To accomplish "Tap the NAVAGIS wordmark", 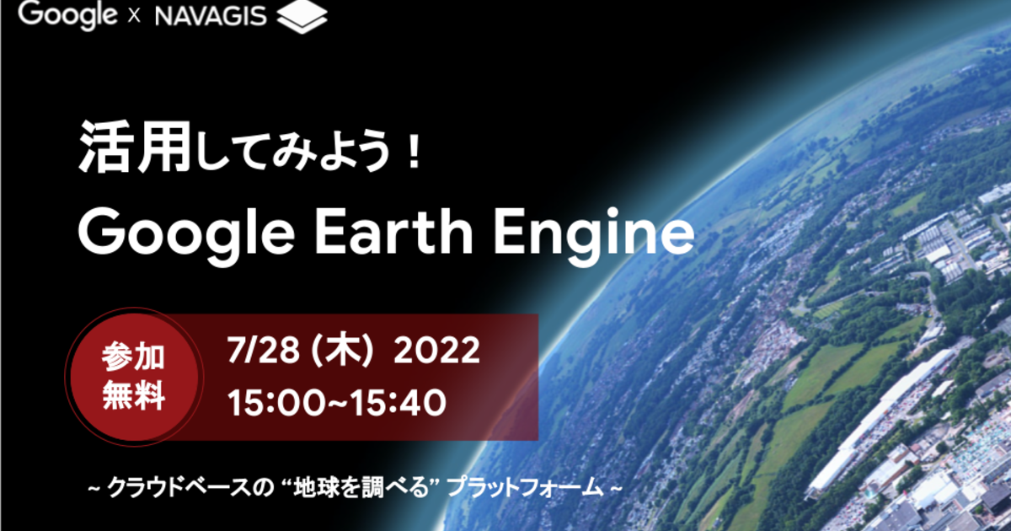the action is point(211,16).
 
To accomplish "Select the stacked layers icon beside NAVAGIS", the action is point(302,17).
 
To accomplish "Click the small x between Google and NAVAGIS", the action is point(134,17).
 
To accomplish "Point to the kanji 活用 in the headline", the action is point(135,147).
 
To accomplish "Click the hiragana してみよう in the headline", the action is point(293,150).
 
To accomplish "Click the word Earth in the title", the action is point(393,232).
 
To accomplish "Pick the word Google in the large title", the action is point(186,236).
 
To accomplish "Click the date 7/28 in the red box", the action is point(263,350).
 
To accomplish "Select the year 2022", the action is point(437,350).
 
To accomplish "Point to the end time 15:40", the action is point(398,402).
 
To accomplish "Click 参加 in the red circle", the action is point(133,357).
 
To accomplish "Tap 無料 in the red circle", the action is point(133,395).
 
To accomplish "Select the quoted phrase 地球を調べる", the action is point(361,488).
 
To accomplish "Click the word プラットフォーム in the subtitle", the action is point(524,488).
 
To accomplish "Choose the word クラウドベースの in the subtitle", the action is point(190,488).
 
